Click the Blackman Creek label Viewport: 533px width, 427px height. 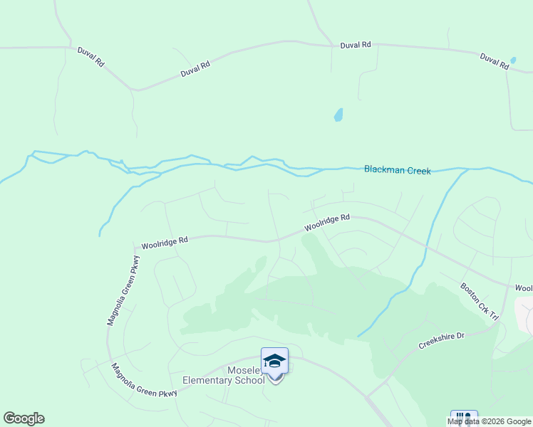coord(397,170)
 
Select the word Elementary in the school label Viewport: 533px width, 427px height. coord(208,380)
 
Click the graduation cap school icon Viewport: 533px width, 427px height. coord(274,361)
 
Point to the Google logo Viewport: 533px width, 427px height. coord(24,418)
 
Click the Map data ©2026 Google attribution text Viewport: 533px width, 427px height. coord(489,421)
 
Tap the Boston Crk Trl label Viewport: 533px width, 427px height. coord(480,302)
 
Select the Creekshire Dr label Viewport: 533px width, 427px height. coord(440,340)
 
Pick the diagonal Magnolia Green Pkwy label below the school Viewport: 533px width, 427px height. coord(144,380)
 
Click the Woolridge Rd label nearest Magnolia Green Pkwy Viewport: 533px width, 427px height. coord(164,242)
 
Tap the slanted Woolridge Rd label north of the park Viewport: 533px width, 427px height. coord(327,223)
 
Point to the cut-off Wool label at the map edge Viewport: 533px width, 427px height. coord(524,288)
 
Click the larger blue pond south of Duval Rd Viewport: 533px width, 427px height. coord(338,115)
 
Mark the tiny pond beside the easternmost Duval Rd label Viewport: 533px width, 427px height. coord(513,60)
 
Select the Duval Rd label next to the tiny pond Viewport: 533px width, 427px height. coord(494,60)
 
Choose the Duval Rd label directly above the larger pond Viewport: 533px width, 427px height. coord(356,45)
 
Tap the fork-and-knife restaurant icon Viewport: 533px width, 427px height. coord(464,418)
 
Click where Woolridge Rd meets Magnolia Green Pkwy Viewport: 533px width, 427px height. coord(134,248)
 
